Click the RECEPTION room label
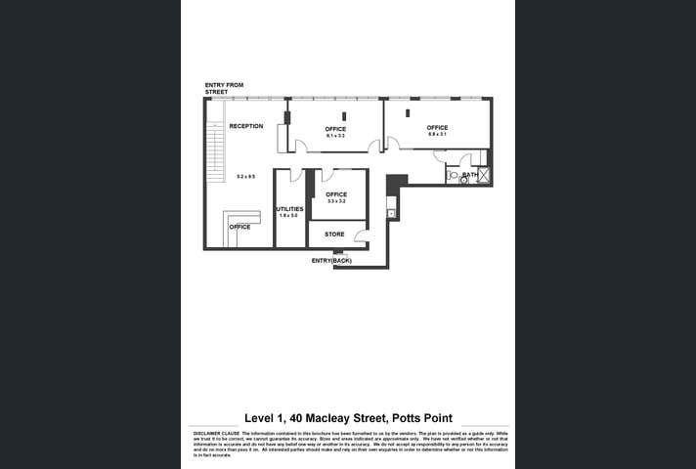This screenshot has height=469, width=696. click(246, 126)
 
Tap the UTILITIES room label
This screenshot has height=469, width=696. click(289, 208)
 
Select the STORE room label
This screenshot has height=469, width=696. click(334, 234)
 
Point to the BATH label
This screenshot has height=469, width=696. click(470, 175)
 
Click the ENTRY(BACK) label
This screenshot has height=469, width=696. click(331, 261)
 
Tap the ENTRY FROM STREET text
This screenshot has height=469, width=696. click(223, 88)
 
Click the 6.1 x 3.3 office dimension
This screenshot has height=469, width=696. click(335, 136)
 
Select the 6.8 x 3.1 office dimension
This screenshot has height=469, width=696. click(437, 135)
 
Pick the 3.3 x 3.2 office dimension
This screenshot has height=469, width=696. click(335, 201)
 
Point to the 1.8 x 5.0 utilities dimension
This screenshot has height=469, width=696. click(288, 215)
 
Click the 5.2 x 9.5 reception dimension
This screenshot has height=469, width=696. click(245, 176)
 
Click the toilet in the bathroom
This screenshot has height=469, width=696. click(453, 179)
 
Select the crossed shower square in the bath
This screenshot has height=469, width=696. click(485, 177)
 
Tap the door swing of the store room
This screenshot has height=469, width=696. click(361, 237)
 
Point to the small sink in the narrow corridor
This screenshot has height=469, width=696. click(390, 212)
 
